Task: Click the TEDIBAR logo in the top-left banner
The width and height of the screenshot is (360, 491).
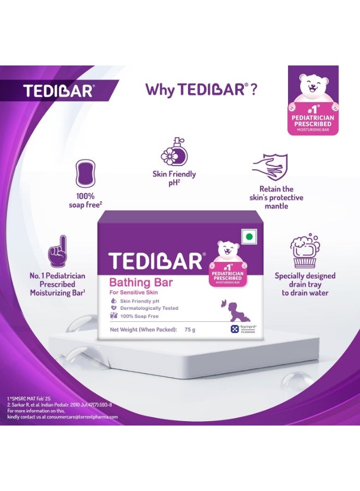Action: (x=58, y=91)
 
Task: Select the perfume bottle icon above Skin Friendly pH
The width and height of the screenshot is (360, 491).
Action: (x=174, y=151)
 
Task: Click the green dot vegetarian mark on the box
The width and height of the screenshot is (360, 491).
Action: (x=249, y=237)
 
